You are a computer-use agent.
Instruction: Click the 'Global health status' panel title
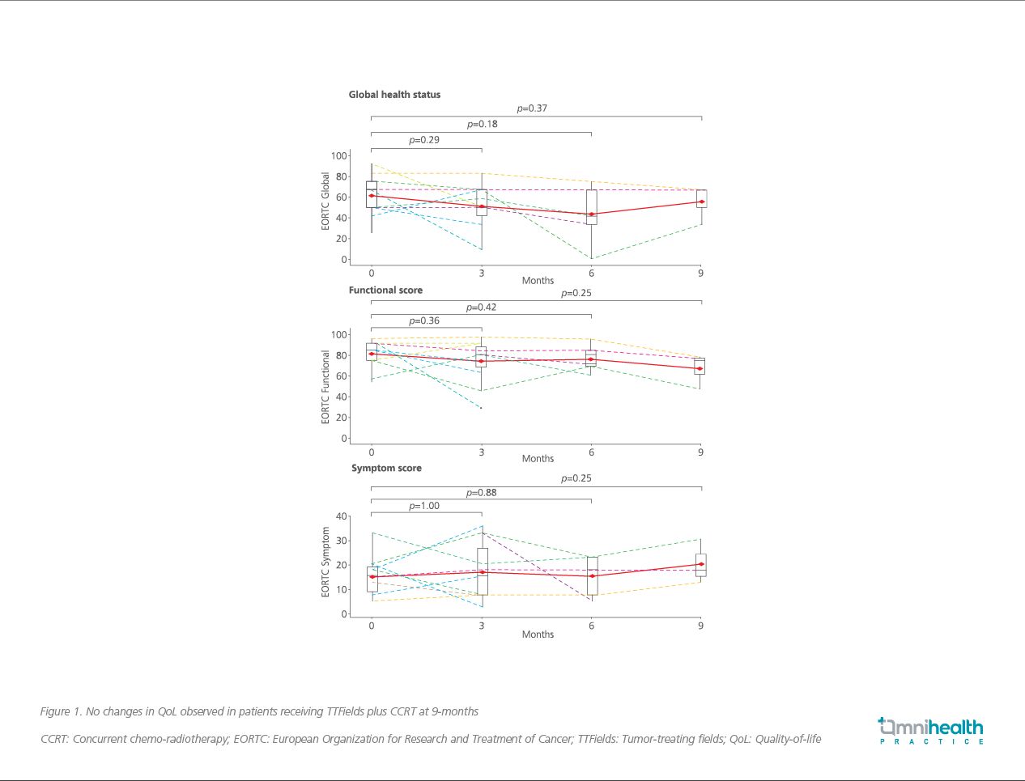click(x=394, y=95)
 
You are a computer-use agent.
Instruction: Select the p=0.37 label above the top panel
click(x=532, y=108)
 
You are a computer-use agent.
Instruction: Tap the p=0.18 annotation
click(x=482, y=125)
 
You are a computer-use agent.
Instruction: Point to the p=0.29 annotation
click(x=424, y=140)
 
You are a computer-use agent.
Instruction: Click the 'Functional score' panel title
click(x=385, y=290)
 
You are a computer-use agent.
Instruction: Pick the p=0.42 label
click(x=481, y=308)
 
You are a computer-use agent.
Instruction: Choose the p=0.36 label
click(x=424, y=321)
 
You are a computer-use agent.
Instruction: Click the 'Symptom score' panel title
click(x=386, y=468)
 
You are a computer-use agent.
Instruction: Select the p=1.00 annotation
click(x=424, y=506)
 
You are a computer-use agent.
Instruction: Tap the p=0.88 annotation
click(x=481, y=493)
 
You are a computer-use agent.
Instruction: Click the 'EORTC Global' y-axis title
click(x=326, y=201)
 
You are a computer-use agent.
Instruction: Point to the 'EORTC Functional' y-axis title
click(x=326, y=387)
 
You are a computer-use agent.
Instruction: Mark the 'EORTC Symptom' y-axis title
click(x=326, y=562)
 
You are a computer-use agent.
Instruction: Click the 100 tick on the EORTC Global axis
click(x=338, y=156)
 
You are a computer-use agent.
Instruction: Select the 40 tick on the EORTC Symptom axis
click(x=341, y=516)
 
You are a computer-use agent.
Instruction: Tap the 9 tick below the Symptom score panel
click(x=700, y=626)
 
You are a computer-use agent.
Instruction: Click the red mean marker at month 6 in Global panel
click(x=591, y=214)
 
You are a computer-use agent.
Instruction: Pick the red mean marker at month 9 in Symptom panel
click(x=700, y=564)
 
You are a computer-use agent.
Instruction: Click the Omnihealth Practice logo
click(x=931, y=730)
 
